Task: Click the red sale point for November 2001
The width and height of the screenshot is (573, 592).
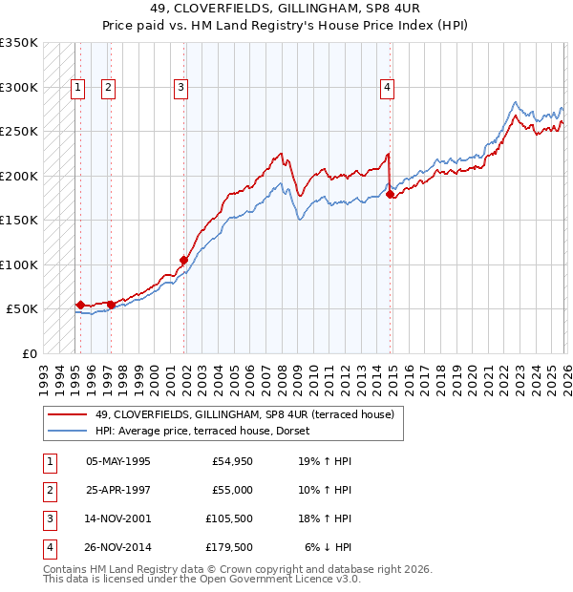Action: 183,259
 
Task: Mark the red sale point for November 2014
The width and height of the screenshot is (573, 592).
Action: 391,194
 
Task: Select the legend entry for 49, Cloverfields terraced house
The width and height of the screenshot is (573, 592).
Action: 223,413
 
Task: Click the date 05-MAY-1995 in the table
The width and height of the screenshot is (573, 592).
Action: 117,461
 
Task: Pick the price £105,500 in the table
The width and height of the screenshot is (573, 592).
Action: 229,518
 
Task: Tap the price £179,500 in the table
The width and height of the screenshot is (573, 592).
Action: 229,547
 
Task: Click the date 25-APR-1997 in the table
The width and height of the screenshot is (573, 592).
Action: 117,490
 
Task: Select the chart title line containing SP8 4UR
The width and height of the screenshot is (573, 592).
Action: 286,10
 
